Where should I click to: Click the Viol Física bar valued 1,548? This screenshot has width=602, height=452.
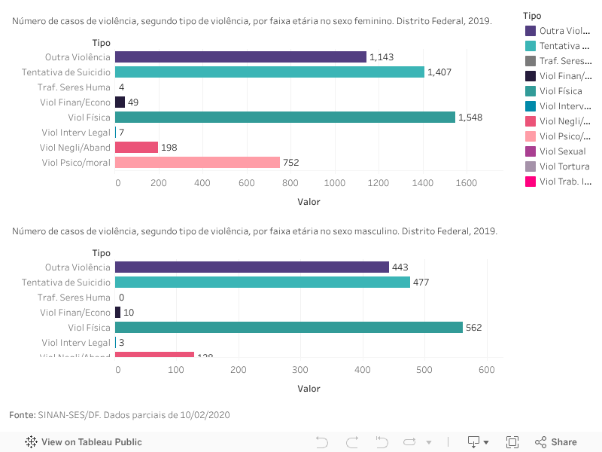pos(285,117)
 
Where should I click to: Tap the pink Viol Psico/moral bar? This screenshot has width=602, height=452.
pos(197,162)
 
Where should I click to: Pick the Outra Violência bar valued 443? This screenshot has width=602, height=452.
pos(252,267)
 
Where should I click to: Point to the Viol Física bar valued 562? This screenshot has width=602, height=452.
pos(289,327)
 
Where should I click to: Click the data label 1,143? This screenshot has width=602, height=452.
pos(382,57)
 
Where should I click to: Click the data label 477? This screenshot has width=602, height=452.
pos(422,282)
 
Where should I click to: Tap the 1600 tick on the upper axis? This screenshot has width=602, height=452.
pos(466,183)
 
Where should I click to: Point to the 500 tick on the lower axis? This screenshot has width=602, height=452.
pos(425,371)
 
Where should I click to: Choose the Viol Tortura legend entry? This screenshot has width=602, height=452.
pos(564,166)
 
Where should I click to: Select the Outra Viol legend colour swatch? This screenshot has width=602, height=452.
pos(531,31)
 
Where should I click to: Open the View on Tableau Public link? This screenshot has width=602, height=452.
pos(91,442)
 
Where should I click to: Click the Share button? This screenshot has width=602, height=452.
pos(556,442)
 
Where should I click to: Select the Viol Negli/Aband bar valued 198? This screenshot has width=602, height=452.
pos(137,147)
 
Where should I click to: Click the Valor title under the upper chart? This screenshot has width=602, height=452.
pos(309,202)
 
